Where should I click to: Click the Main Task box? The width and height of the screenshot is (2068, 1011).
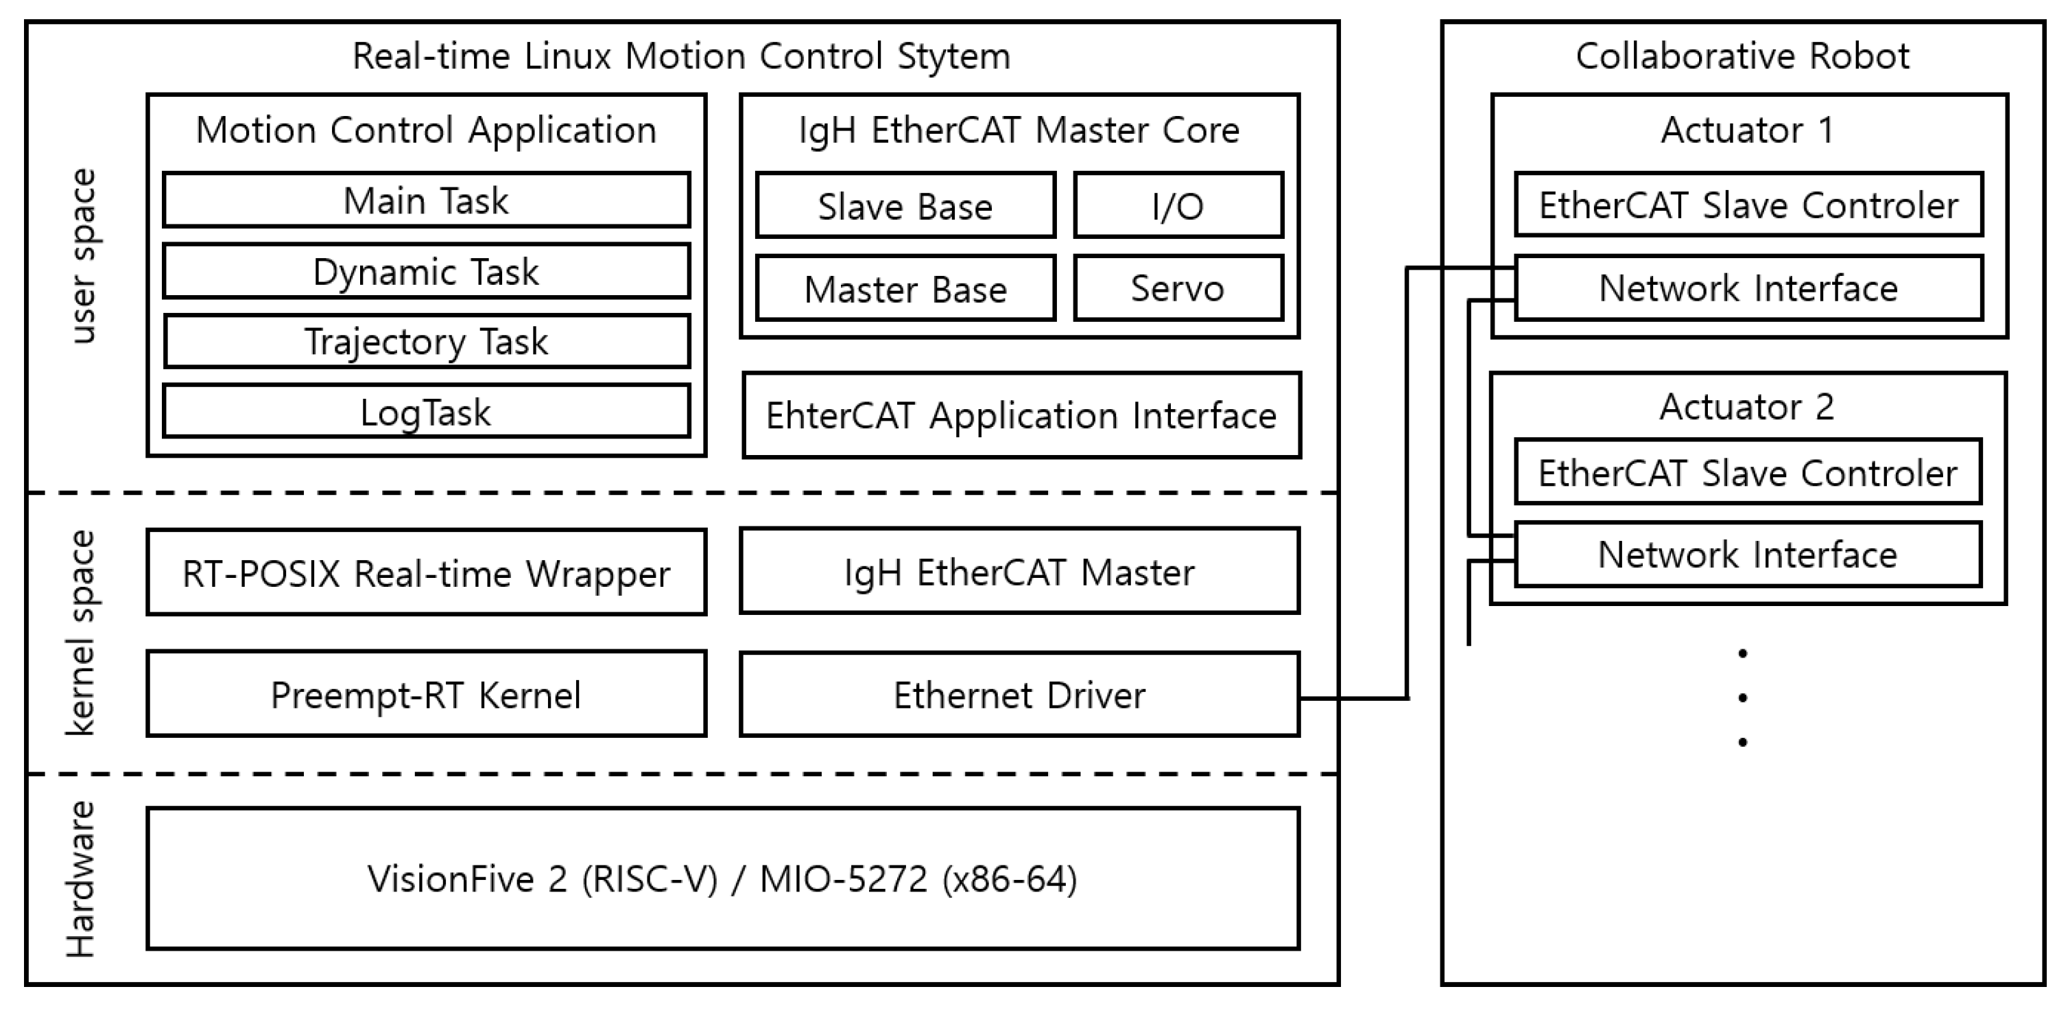425,200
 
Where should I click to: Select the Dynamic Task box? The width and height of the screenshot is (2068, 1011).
425,271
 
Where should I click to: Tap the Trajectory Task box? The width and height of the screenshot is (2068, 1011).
425,341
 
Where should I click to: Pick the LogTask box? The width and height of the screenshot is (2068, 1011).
425,412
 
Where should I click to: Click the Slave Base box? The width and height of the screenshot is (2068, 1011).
905,206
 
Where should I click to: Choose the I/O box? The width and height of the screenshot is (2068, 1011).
1178,206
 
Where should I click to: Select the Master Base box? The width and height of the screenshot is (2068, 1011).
905,288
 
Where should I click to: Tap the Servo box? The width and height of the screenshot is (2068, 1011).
1178,288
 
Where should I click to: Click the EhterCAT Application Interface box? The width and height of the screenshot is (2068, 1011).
1021,415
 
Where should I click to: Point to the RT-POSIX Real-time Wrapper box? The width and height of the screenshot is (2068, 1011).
425,572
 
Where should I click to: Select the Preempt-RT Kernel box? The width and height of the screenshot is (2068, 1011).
425,694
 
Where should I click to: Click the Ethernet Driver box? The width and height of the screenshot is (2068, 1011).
1019,695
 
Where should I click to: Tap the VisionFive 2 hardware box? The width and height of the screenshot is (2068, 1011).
722,879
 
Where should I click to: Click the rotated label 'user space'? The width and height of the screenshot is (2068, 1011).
83,255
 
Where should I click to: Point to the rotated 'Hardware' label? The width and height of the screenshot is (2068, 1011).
80,879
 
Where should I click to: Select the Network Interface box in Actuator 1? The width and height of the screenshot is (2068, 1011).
1748,288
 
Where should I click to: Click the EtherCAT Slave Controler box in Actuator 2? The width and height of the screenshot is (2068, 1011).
1747,472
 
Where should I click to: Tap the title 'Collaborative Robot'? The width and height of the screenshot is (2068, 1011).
1742,56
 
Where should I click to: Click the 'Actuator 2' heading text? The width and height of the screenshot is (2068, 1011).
1747,406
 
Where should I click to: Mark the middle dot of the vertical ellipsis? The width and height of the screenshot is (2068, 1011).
1742,697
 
